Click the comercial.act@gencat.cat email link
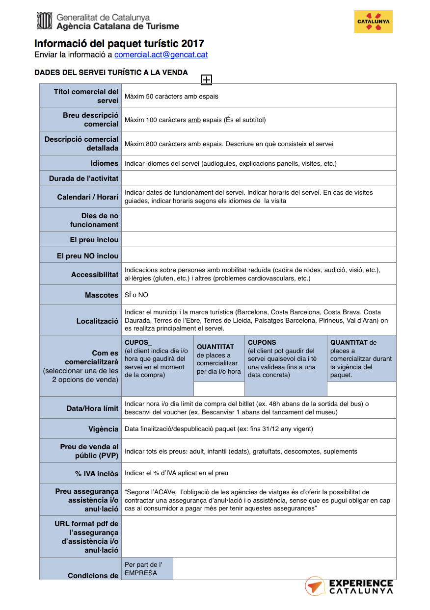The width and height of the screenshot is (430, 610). click(161, 54)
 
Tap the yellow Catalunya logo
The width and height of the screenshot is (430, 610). click(373, 22)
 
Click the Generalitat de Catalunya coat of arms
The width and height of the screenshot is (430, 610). click(45, 21)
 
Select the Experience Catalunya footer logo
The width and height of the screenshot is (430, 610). click(349, 586)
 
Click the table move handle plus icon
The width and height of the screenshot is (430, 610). click(207, 80)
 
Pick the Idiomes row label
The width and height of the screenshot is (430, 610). click(104, 163)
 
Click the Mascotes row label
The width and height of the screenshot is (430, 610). click(102, 295)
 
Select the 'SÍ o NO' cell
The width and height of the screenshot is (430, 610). click(136, 295)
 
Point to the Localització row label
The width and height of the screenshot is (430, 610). click(97, 321)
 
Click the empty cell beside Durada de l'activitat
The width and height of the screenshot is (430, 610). click(258, 178)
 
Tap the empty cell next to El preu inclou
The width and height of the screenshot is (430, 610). click(258, 240)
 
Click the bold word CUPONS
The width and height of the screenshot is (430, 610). click(262, 342)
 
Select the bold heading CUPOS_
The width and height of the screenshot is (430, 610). click(138, 342)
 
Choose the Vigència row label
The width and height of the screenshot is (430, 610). click(103, 429)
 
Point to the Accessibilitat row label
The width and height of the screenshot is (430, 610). click(95, 275)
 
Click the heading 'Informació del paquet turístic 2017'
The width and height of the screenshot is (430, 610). click(119, 44)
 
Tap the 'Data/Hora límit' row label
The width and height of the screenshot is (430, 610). click(92, 408)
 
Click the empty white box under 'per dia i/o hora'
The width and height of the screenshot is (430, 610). click(219, 389)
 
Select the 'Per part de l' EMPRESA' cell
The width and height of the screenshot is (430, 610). click(147, 569)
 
